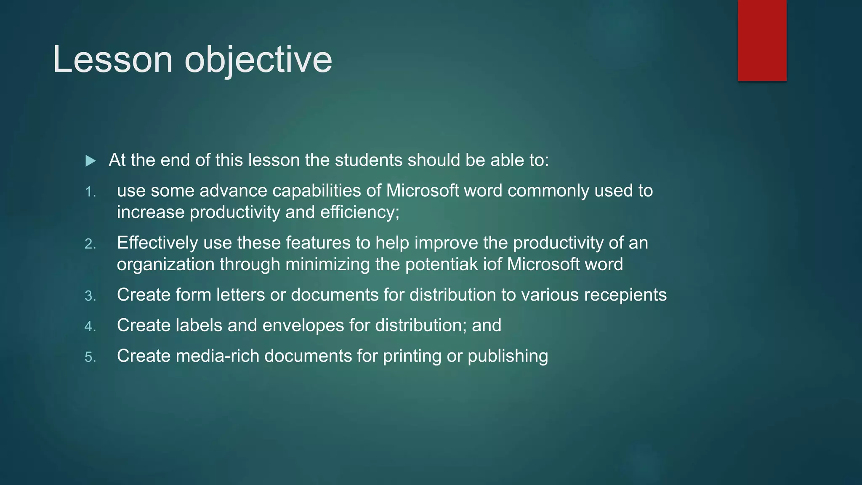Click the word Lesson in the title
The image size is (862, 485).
[x=112, y=59]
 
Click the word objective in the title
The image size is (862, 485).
[x=258, y=59]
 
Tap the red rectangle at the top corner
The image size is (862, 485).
[x=762, y=40]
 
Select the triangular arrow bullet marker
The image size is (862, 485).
[x=90, y=161]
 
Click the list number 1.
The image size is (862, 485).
[x=90, y=192]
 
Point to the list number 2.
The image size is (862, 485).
[x=90, y=244]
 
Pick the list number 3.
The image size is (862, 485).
[x=90, y=296]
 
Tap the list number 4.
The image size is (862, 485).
[x=90, y=326]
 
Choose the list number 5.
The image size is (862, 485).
[x=90, y=357]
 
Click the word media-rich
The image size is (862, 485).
[x=218, y=356]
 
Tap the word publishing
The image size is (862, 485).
[x=508, y=356]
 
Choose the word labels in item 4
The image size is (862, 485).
[x=199, y=325]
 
